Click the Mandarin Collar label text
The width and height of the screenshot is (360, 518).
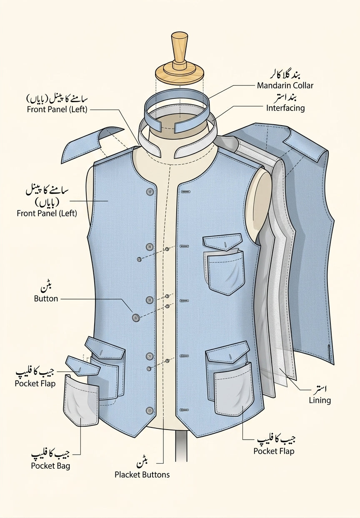click(285, 85)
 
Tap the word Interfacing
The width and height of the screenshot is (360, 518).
click(285, 108)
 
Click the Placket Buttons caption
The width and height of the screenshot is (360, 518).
click(142, 475)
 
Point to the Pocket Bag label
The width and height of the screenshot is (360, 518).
click(50, 466)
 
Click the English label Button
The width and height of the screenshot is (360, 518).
click(46, 299)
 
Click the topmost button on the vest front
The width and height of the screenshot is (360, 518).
click(150, 191)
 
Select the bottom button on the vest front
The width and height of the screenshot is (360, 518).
click(150, 411)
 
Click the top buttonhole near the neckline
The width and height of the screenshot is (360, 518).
click(186, 192)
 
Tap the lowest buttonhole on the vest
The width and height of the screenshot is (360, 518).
click(184, 410)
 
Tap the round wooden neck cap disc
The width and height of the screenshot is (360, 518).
click(180, 73)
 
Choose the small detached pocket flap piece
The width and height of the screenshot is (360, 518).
click(83, 366)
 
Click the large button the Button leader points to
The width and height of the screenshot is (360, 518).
click(136, 317)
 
